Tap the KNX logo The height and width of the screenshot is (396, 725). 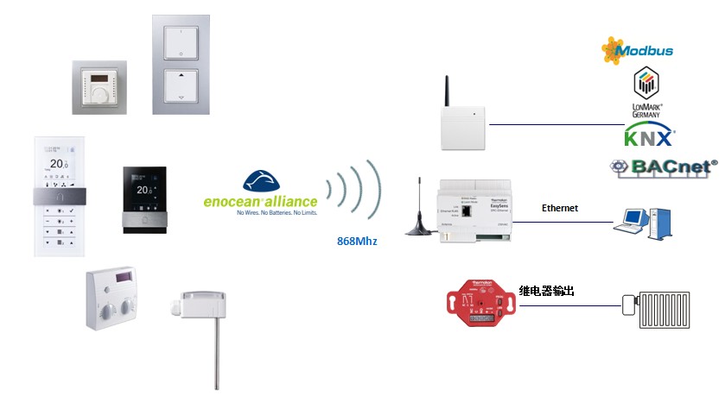click(x=648, y=137)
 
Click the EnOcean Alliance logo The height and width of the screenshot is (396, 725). click(x=261, y=194)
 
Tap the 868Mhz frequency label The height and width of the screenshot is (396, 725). click(x=357, y=242)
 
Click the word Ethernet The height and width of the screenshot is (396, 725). click(x=559, y=208)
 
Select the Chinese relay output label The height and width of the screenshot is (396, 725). click(x=546, y=292)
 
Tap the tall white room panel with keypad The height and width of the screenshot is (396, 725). click(x=59, y=196)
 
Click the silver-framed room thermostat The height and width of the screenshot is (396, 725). click(x=99, y=86)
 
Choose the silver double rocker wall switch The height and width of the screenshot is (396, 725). click(x=181, y=65)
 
